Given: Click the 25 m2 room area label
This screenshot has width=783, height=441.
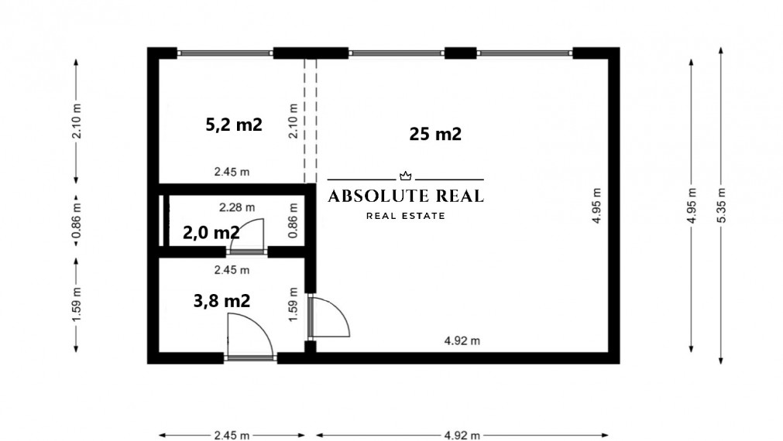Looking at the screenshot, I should pyautogui.click(x=435, y=134).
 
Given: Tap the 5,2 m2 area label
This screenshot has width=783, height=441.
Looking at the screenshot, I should pyautogui.click(x=234, y=125).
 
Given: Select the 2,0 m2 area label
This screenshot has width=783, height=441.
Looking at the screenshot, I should pyautogui.click(x=211, y=231).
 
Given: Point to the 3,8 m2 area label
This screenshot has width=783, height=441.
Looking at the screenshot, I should pyautogui.click(x=222, y=300).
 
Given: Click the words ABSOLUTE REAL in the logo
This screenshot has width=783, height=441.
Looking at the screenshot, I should pyautogui.click(x=406, y=197).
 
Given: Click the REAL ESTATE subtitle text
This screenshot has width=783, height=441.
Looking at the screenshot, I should pyautogui.click(x=406, y=216).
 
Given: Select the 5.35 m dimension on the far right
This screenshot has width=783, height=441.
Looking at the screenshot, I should pyautogui.click(x=722, y=204).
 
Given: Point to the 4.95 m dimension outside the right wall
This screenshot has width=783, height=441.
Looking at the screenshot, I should pyautogui.click(x=691, y=204).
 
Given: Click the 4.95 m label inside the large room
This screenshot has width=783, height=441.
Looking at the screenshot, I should pyautogui.click(x=596, y=205).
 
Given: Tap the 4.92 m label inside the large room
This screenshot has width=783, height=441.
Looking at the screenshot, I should pyautogui.click(x=462, y=340).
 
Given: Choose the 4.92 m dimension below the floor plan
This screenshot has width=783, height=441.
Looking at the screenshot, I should pyautogui.click(x=462, y=435).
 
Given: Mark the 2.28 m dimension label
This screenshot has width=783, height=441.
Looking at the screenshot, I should pyautogui.click(x=237, y=207).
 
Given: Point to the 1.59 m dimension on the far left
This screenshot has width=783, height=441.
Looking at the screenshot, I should pyautogui.click(x=76, y=304).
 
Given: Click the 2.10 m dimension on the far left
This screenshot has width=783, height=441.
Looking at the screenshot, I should pyautogui.click(x=76, y=121).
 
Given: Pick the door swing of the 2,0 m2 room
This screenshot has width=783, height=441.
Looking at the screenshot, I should pyautogui.click(x=248, y=234).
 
